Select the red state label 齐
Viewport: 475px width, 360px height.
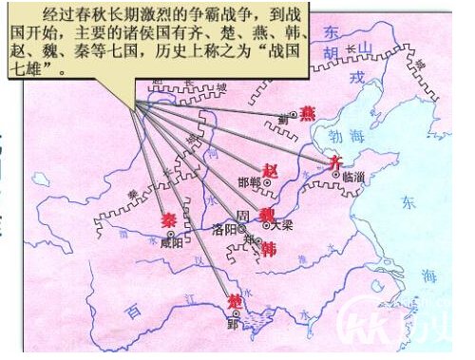[x=333, y=163]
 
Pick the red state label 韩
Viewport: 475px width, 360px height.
[x=269, y=249]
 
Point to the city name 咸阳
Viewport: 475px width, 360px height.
[x=172, y=242]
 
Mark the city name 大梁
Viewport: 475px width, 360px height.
[x=282, y=227]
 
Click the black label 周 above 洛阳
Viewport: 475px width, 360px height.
[x=244, y=216]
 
